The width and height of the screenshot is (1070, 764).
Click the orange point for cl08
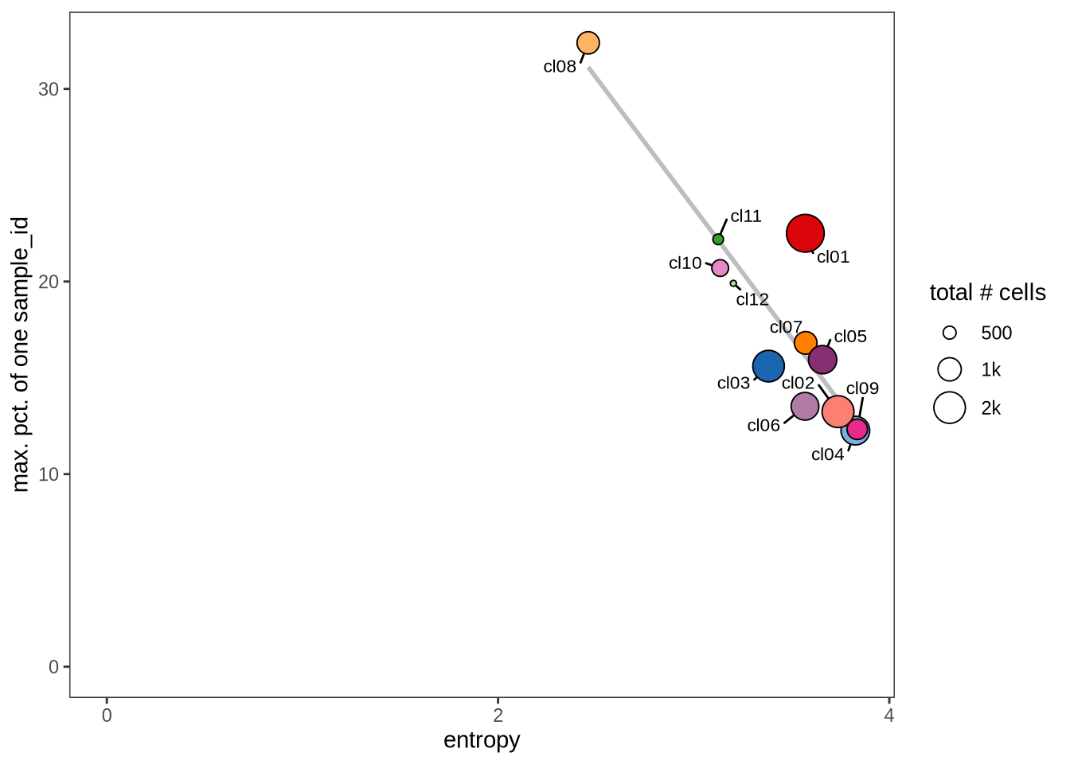point(588,43)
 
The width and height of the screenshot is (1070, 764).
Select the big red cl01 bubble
point(805,233)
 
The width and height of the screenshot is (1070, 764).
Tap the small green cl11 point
point(718,240)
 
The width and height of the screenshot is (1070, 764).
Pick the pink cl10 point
point(720,268)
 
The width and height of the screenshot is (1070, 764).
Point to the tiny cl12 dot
point(733,283)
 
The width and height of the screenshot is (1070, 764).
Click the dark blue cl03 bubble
point(768,366)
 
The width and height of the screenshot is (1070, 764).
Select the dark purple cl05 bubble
point(822,360)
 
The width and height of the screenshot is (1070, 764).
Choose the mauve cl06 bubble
point(805,407)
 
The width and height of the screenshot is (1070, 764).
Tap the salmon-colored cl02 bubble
point(838,411)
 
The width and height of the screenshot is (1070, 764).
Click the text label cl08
point(560,67)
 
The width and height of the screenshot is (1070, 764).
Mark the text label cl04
point(827,455)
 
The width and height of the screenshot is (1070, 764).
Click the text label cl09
point(862,388)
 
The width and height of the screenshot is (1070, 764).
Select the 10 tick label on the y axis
point(49,474)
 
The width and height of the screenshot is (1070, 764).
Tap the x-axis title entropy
point(482,740)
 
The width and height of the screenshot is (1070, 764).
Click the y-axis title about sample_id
point(21,355)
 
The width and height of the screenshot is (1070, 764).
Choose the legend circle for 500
point(950,333)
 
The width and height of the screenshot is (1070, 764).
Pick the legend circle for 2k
point(950,407)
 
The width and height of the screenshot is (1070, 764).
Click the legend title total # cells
point(987,293)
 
